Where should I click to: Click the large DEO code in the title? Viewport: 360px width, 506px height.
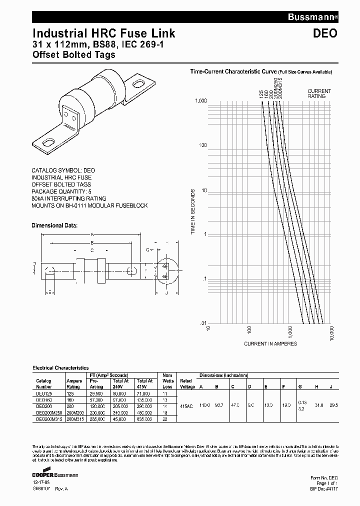coord(325,33)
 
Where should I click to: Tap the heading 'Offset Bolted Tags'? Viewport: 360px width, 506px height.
coord(73,54)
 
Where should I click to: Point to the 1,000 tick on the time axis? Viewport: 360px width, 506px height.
coord(200,101)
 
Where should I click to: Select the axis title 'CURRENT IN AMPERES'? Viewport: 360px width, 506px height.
coord(270,343)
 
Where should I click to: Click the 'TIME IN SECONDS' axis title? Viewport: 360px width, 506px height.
coord(193,212)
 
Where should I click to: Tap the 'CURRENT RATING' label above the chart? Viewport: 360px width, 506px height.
coord(319,93)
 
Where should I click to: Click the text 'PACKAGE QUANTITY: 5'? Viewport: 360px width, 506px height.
coord(61,191)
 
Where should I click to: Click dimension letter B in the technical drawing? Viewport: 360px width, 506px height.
coord(92,242)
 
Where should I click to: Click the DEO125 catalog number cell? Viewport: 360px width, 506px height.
coord(44,394)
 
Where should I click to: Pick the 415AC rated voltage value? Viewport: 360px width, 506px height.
coord(186,406)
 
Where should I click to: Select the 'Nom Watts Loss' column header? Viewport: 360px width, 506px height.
coord(167,380)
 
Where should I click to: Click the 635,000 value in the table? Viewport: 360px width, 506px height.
coord(144,419)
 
